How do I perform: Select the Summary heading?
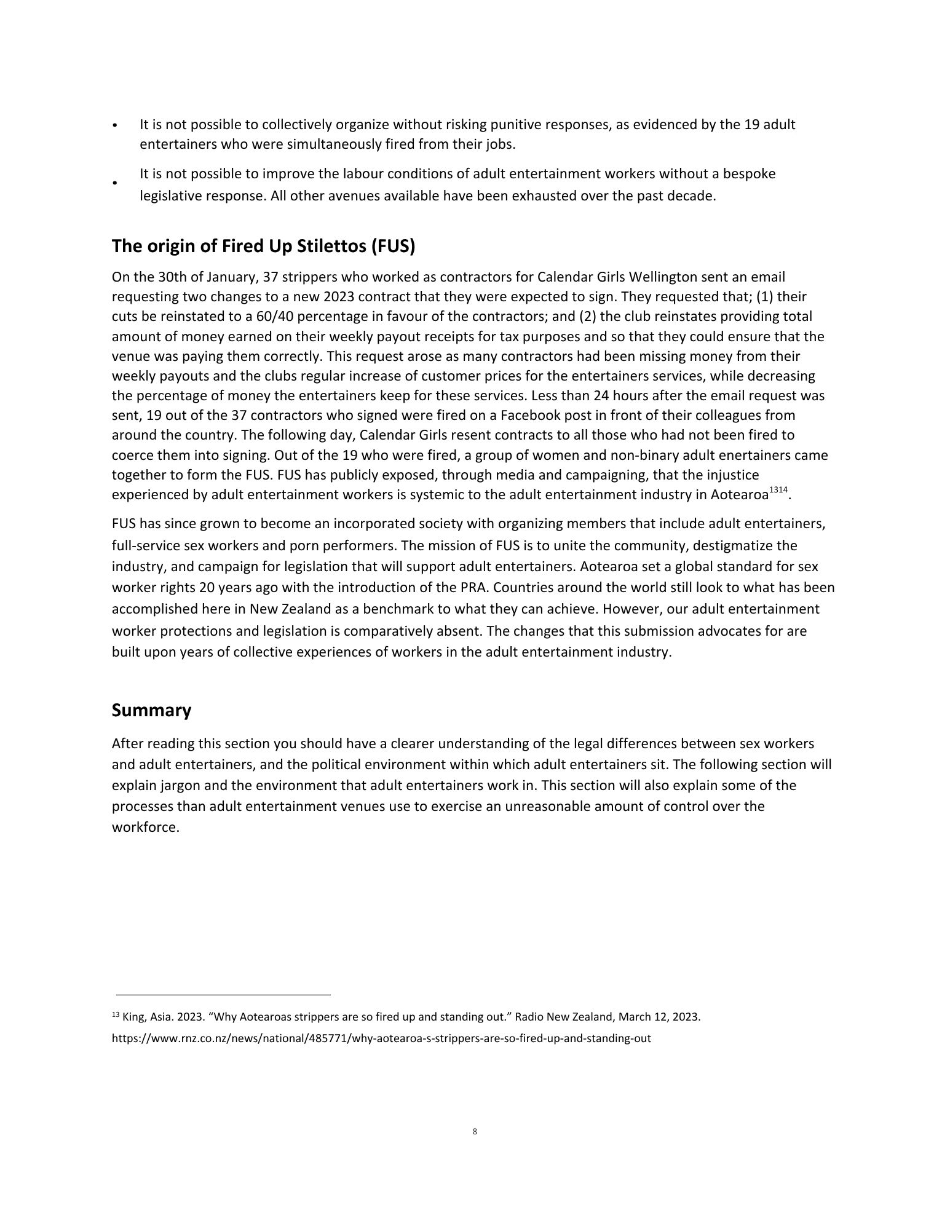151,710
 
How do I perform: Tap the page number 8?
475,1131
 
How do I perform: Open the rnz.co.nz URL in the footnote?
381,1039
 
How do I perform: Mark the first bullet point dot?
115,125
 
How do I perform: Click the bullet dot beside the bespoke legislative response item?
115,183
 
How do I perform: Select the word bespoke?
749,174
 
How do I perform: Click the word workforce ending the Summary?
144,827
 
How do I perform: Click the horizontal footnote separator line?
223,994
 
